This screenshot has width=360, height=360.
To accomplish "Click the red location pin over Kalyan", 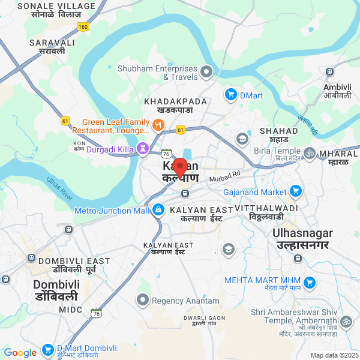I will coord(179,167).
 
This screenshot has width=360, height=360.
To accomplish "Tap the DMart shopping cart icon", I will coord(231,94).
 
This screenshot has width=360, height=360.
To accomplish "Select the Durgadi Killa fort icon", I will coord(143,148).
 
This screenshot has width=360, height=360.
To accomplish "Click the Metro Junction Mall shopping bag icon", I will coord(158,210).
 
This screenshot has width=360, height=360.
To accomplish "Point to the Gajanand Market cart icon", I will coord(295,191).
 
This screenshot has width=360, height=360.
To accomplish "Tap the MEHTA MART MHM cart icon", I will coord(310,282).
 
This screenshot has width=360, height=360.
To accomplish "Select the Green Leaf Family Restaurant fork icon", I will coord(158,125).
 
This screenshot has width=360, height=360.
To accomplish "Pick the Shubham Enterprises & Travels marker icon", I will coord(207,73).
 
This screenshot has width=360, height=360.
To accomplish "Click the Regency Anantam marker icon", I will coord(143,299).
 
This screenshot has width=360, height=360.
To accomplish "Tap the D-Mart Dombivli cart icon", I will coord(48,349).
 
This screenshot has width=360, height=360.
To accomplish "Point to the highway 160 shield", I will coord(83,26).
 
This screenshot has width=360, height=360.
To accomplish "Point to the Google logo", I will coord(20,352).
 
